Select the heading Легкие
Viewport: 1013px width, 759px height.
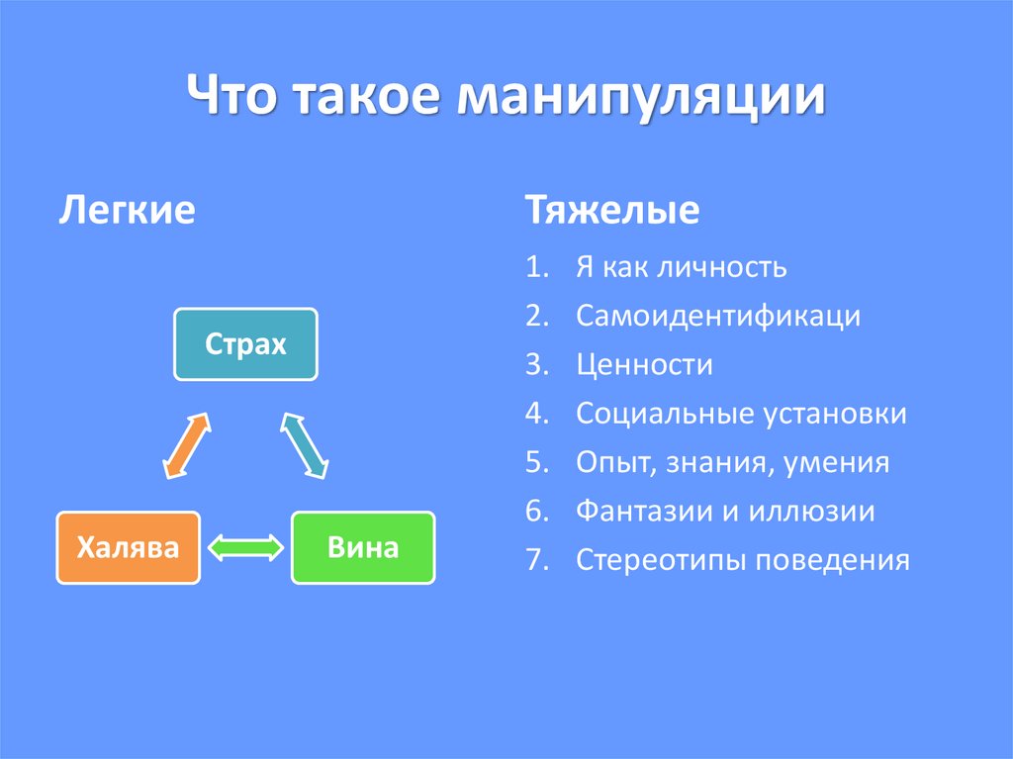128,211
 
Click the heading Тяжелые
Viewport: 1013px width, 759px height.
612,211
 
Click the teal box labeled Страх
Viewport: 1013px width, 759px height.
245,344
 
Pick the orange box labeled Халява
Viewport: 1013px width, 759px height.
129,547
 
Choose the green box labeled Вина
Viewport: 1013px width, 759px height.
363,547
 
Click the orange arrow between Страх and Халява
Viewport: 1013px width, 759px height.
186,445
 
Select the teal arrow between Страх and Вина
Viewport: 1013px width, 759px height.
305,445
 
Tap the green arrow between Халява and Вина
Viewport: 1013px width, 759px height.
245,547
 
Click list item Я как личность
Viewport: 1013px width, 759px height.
681,267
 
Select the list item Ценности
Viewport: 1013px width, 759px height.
644,365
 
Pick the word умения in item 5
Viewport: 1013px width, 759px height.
837,463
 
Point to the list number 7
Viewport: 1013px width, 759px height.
535,561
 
